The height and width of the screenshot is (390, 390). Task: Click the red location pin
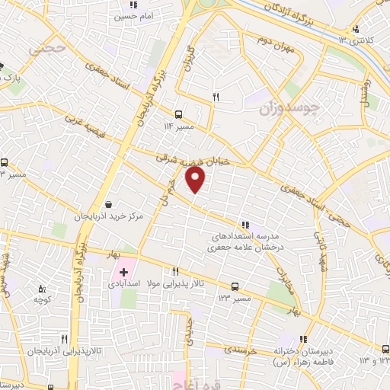coord(196,180)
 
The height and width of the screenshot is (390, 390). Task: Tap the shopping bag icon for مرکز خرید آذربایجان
coord(110,204)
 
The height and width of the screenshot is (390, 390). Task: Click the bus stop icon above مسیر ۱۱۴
coord(178,114)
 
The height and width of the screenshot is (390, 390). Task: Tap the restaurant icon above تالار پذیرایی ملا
coord(176,271)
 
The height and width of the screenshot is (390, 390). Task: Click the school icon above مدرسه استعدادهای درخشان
coord(245,225)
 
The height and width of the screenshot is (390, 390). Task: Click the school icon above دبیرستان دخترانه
coord(303,340)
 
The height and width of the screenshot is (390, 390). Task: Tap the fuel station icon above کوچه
coord(42,289)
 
